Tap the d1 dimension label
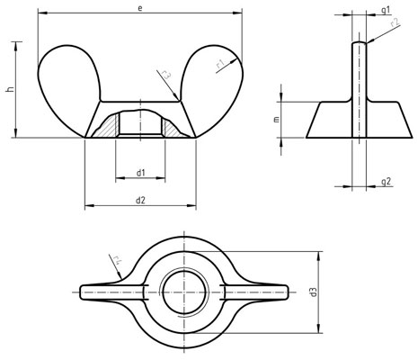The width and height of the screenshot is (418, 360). (x=141, y=172)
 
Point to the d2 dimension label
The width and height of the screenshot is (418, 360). (x=141, y=200)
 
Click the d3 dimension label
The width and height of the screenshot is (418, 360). (x=313, y=292)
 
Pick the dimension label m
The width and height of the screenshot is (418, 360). (x=277, y=119)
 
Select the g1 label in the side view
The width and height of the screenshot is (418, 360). (x=385, y=8)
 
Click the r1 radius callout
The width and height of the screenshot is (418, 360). (x=219, y=64)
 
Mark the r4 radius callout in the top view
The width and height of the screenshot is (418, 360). (x=117, y=263)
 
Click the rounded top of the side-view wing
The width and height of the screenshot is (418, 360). (x=358, y=42)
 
